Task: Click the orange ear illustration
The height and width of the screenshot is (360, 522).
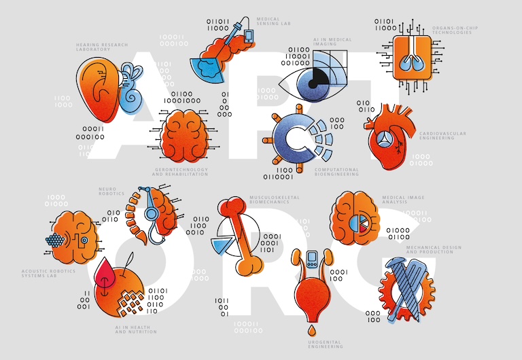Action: pyautogui.click(x=95, y=88)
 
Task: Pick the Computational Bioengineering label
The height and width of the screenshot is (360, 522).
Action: pyautogui.click(x=336, y=172)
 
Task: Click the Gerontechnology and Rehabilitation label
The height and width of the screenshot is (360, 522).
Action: pyautogui.click(x=179, y=172)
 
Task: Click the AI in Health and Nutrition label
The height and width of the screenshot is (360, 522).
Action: pyautogui.click(x=136, y=330)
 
